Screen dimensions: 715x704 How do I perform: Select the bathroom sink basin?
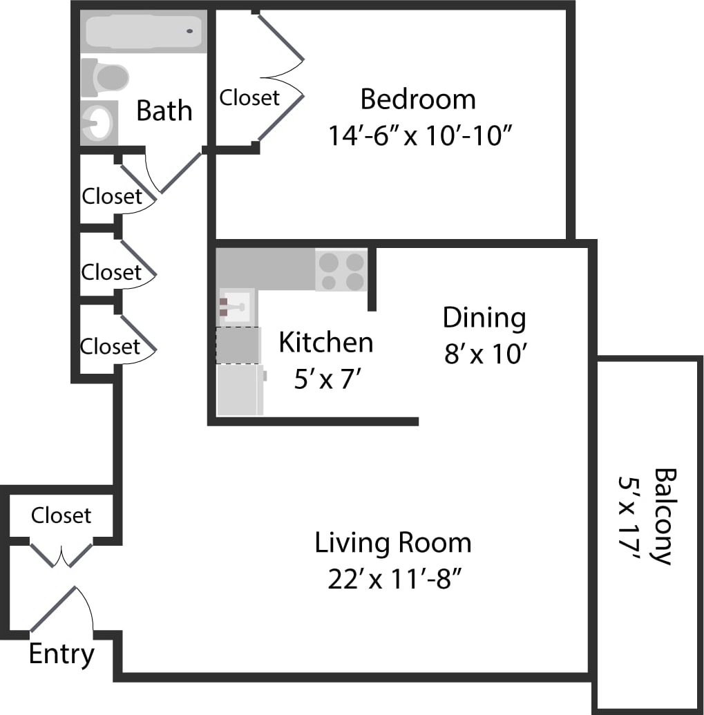97,123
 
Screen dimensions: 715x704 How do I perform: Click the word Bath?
164,111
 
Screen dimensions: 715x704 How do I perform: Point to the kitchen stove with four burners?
341,270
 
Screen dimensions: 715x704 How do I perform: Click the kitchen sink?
236,305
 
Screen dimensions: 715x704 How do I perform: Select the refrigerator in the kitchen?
239,390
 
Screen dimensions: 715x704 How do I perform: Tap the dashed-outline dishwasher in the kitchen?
238,345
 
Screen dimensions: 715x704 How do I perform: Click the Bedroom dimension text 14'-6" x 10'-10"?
419,135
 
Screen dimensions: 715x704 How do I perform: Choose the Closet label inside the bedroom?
249,97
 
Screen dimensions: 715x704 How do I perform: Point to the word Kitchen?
326,343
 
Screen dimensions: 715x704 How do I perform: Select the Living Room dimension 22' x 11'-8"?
394,579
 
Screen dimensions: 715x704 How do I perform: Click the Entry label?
61,654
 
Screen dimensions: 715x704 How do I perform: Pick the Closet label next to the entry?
61,515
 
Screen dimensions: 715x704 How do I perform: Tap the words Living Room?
393,543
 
